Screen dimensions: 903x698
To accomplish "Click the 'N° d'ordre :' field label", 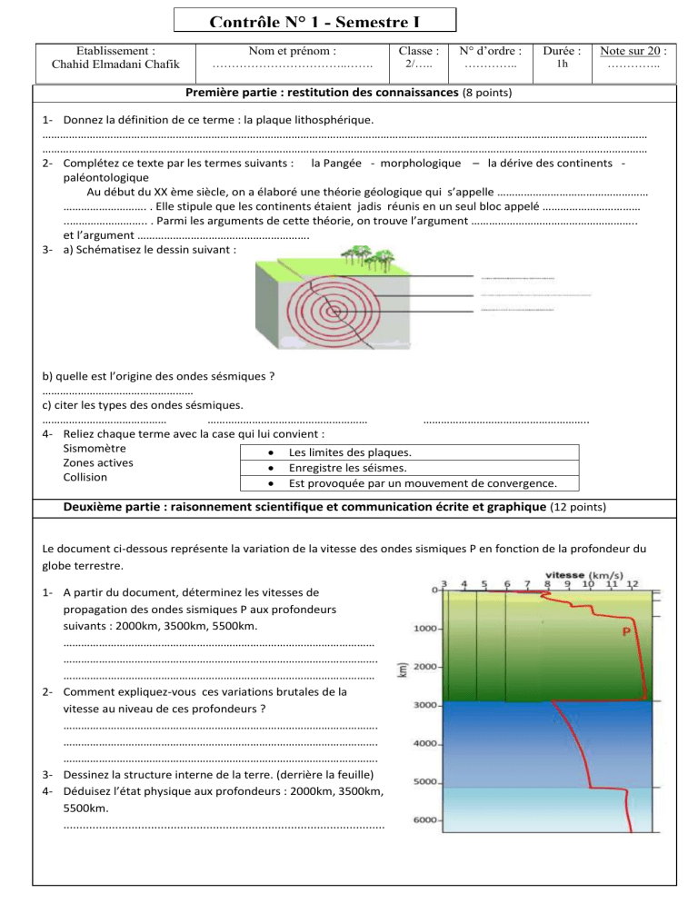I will point(490,52).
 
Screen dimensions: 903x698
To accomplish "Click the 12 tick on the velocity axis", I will point(632,583).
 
